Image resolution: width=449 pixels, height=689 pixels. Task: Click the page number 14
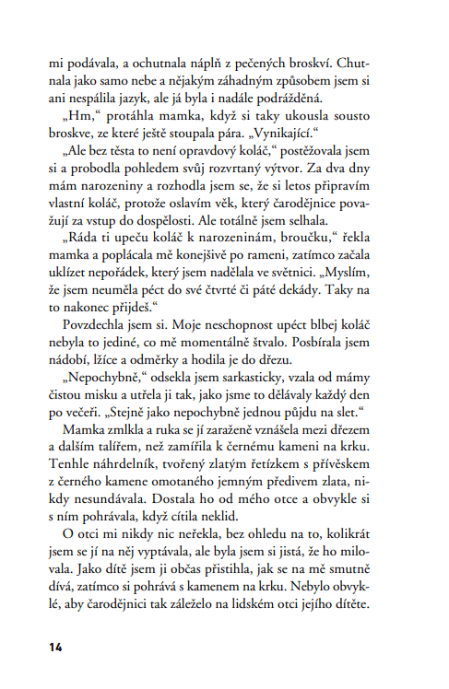pos(56,647)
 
